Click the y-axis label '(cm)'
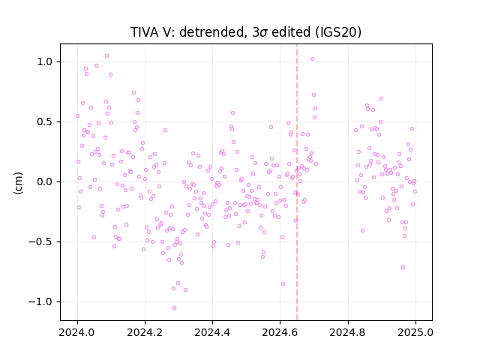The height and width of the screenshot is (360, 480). pyautogui.click(x=18, y=183)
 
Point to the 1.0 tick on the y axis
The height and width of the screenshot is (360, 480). pyautogui.click(x=46, y=61)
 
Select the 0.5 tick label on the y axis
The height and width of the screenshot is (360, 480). pyautogui.click(x=46, y=121)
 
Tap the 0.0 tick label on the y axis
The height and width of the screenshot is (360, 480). pyautogui.click(x=46, y=181)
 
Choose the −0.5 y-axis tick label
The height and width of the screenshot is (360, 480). pyautogui.click(x=42, y=241)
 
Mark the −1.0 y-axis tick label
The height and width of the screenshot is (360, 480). pyautogui.click(x=42, y=301)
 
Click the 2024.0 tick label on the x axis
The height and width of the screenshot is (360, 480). pyautogui.click(x=77, y=332)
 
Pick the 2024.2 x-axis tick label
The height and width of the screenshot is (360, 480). pyautogui.click(x=145, y=332)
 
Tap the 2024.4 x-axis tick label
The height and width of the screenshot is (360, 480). pyautogui.click(x=212, y=332)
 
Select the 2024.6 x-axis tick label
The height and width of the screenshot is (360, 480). pyautogui.click(x=280, y=332)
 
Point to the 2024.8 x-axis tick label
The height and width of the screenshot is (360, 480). pyautogui.click(x=348, y=332)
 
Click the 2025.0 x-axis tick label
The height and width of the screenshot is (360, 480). pyautogui.click(x=415, y=332)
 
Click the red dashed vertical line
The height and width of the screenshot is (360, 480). pyautogui.click(x=297, y=182)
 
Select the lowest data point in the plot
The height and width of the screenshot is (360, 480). pyautogui.click(x=174, y=308)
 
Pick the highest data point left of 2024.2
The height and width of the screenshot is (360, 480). pyautogui.click(x=106, y=56)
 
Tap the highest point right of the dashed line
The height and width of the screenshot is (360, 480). pyautogui.click(x=312, y=59)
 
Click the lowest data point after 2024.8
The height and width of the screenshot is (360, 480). pyautogui.click(x=403, y=268)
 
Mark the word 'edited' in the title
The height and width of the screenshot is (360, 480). pyautogui.click(x=291, y=32)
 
